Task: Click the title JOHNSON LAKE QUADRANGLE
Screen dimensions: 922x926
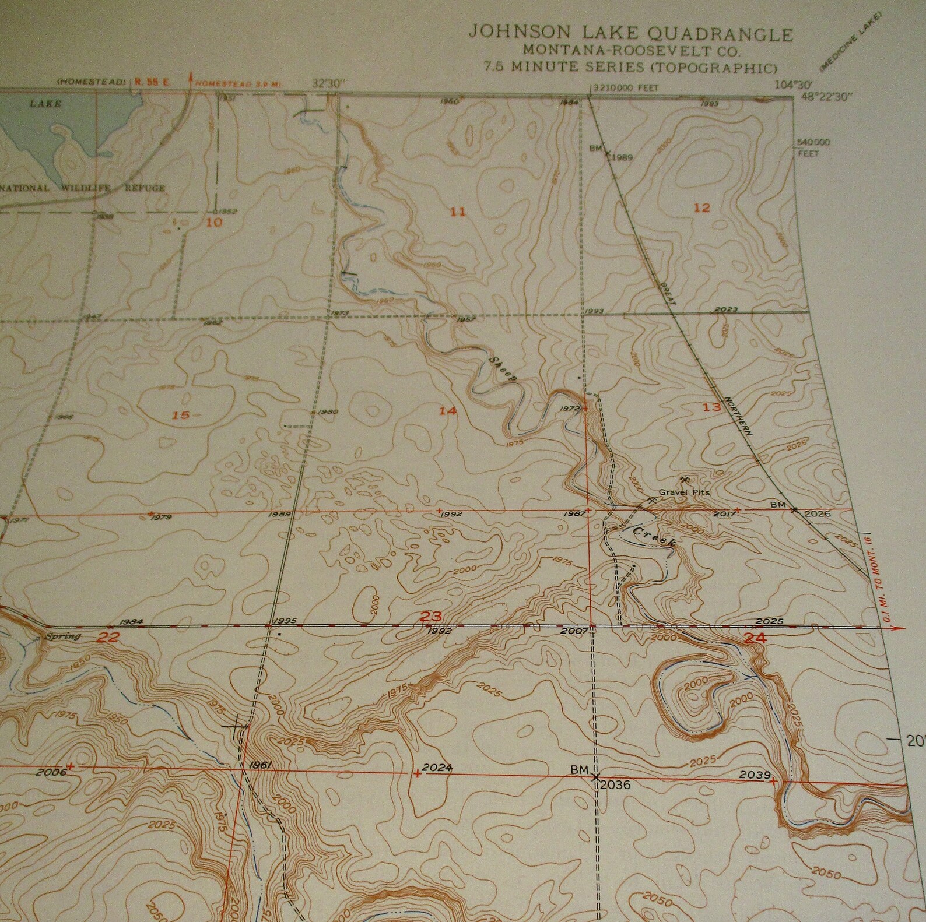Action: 631,34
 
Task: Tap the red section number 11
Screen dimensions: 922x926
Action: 458,212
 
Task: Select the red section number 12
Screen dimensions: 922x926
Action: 703,207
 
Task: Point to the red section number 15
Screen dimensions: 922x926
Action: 181,415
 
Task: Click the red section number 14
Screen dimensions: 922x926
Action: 448,411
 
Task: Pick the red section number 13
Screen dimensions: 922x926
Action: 711,407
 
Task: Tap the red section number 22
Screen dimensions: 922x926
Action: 108,638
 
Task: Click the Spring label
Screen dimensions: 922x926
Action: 64,636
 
